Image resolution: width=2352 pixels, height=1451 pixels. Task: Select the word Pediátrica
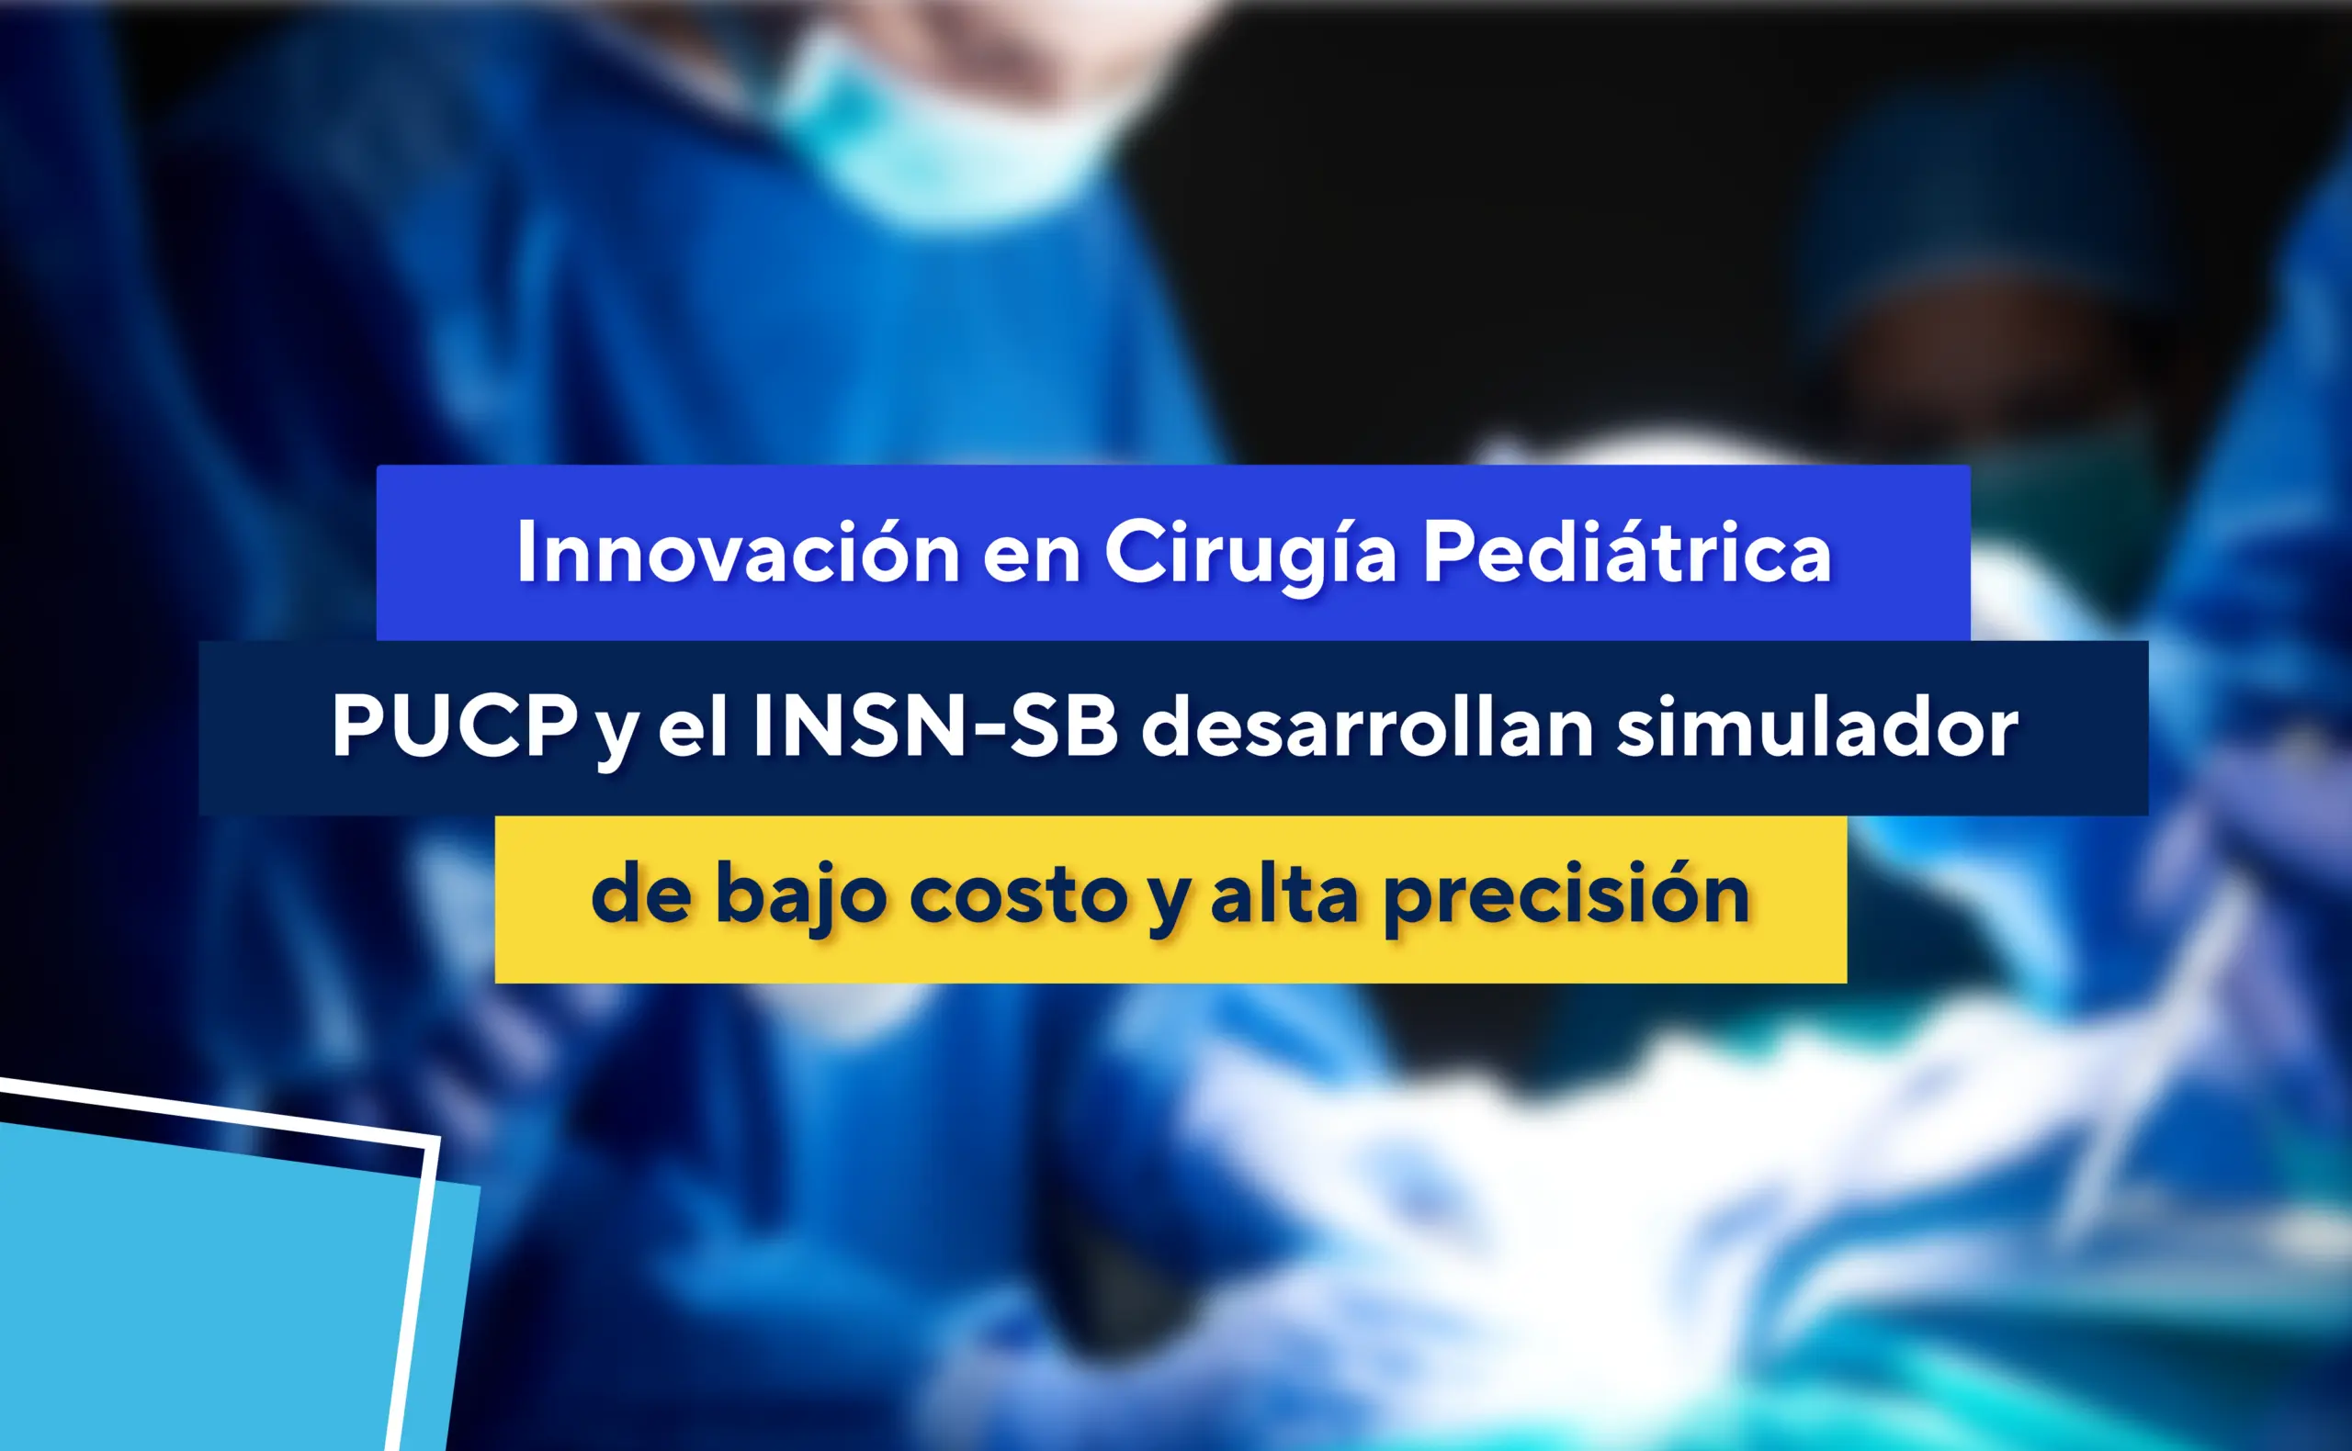1627,551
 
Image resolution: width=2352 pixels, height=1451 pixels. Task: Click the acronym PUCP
454,725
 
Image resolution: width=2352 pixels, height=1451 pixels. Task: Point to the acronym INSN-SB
936,725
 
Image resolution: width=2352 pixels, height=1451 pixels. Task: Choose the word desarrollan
1368,725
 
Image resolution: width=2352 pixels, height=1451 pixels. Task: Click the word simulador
1817,725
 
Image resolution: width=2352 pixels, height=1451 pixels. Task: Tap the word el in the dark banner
692,725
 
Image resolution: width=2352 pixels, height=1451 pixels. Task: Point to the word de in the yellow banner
641,894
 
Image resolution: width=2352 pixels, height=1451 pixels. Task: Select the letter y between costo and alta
1170,907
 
